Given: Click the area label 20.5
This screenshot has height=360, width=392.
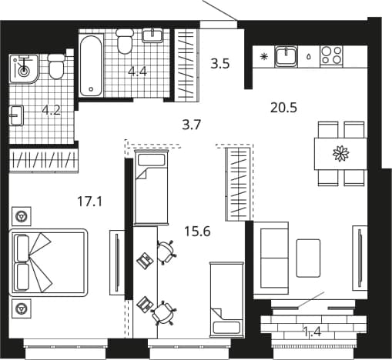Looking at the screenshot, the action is tap(283, 108).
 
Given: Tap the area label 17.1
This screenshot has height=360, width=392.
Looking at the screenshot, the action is tap(90, 202).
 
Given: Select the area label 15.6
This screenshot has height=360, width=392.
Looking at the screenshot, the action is tap(197, 232).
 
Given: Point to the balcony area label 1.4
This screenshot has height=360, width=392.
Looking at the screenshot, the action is tap(312, 332).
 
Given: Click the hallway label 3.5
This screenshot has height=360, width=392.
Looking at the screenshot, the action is tap(220, 64).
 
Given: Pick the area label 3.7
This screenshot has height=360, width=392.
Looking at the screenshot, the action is tap(191, 125).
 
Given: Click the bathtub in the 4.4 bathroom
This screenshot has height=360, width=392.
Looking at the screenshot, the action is tap(90, 65).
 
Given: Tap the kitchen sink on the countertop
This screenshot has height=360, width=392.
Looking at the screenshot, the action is tap(286, 57).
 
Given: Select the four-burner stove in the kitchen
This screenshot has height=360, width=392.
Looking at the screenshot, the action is tap(332, 55).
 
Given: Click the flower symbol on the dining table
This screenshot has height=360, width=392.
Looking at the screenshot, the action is tap(341, 154).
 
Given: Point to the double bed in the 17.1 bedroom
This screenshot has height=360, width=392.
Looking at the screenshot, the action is tap(48, 262).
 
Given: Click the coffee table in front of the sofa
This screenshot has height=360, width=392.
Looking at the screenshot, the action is tap(308, 258).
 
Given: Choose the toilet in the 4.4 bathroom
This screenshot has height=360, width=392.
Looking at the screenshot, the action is tap(125, 41).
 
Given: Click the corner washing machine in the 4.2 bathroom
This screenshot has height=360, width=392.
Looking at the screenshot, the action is tap(24, 69).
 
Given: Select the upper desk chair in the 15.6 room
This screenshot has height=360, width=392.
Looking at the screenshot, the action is tap(166, 252).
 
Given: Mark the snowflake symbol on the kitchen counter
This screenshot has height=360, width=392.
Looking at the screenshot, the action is tap(263, 56).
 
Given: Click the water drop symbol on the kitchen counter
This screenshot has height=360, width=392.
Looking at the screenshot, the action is tap(309, 56).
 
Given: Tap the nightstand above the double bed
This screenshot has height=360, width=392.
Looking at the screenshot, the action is tap(22, 216).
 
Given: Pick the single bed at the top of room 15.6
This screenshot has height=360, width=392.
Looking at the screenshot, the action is tap(151, 188).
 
